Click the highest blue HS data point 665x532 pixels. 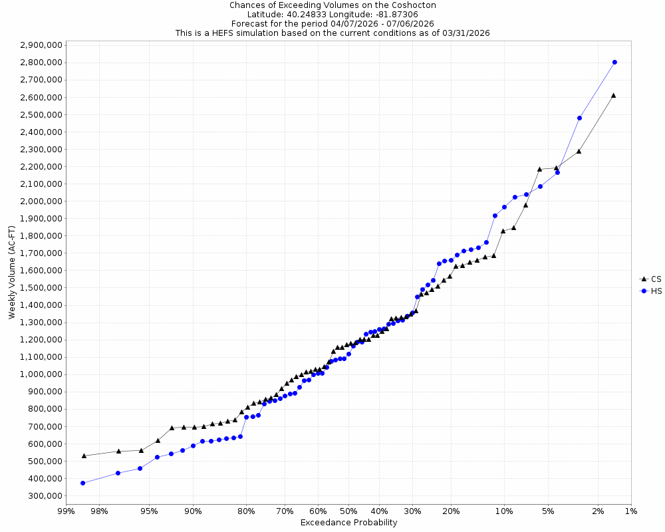click(x=614, y=62)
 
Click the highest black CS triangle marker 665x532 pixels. click(x=613, y=95)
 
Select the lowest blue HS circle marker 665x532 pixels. click(x=83, y=483)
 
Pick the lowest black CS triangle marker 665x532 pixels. click(x=84, y=456)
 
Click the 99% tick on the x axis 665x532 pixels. click(x=66, y=511)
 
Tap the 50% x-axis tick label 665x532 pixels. click(x=348, y=511)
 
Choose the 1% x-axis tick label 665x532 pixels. click(x=631, y=511)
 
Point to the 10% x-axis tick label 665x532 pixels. click(x=504, y=511)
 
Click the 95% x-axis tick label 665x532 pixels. click(x=149, y=511)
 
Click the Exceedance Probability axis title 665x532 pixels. click(x=348, y=523)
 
